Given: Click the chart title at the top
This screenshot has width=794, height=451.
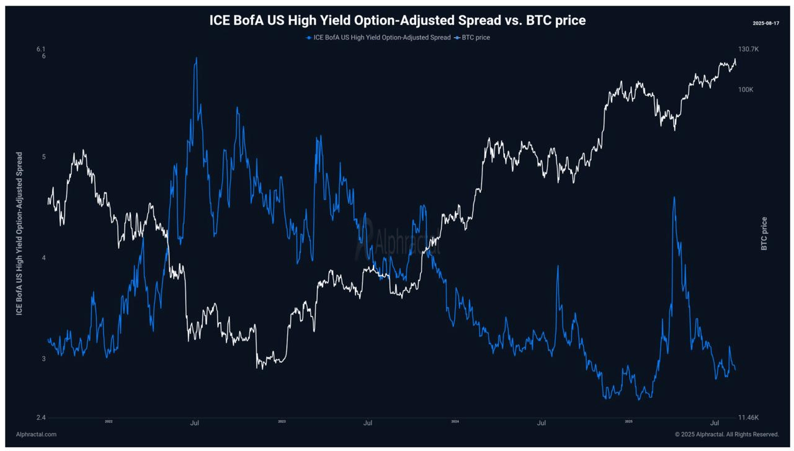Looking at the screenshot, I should pyautogui.click(x=397, y=20).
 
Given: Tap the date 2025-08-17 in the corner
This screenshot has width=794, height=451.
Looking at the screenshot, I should pyautogui.click(x=766, y=23).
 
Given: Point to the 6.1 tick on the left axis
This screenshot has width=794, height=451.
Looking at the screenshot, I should pyautogui.click(x=41, y=49).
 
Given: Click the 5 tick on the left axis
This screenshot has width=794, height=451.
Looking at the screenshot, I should pyautogui.click(x=43, y=157).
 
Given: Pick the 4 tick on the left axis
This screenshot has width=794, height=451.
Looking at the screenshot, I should pyautogui.click(x=43, y=258).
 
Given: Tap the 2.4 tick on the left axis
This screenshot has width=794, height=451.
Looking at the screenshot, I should pyautogui.click(x=41, y=418).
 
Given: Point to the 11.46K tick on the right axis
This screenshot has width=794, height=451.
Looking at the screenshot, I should pyautogui.click(x=748, y=418).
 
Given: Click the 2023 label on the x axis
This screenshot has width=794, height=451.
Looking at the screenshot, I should pyautogui.click(x=282, y=422).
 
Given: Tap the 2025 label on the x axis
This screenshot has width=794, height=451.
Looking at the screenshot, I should pyautogui.click(x=628, y=422).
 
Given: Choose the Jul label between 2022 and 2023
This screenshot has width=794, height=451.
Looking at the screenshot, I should pyautogui.click(x=194, y=424).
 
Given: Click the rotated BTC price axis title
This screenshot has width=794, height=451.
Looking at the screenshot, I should pyautogui.click(x=764, y=233).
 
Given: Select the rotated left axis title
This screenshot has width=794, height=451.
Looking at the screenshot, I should pyautogui.click(x=19, y=233).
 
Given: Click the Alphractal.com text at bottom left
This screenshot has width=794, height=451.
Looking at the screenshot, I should pyautogui.click(x=36, y=434).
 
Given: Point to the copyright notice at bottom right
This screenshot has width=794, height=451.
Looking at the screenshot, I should pyautogui.click(x=726, y=434).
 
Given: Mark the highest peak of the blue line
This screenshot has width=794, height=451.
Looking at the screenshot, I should pyautogui.click(x=197, y=58).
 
